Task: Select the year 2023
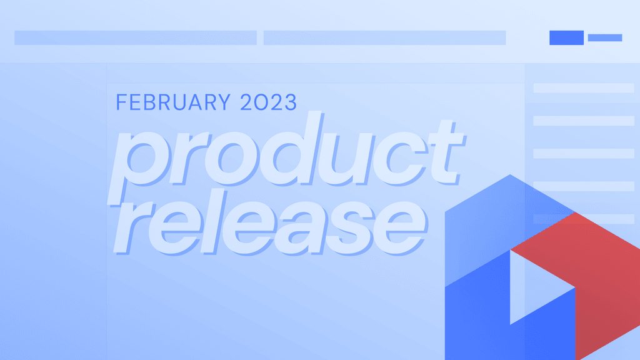(268, 102)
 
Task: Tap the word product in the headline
(286, 155)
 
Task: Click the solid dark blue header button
(566, 37)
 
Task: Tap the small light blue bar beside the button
(605, 37)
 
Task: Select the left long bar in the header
(136, 37)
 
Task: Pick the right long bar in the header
(384, 37)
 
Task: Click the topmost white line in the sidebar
(584, 88)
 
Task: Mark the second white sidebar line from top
(584, 121)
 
